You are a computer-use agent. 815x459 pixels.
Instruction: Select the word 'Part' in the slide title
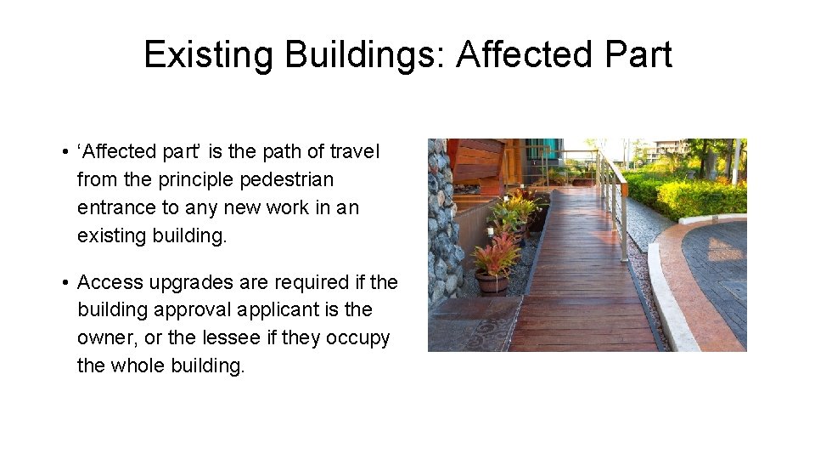coord(637,55)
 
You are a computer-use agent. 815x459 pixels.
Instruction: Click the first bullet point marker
coord(65,153)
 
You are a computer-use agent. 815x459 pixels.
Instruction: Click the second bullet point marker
coord(65,282)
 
